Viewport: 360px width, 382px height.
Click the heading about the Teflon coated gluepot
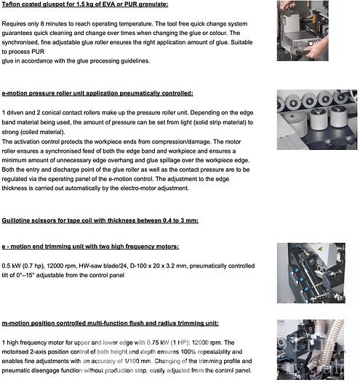[85, 4]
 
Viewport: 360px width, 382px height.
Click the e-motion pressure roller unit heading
[97, 93]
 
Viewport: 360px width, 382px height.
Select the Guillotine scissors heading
[100, 220]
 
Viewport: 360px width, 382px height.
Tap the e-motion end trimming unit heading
[90, 247]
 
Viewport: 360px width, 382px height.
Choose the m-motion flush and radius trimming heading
[110, 323]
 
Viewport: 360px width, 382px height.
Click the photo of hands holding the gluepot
[303, 31]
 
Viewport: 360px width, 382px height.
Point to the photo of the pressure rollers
[317, 119]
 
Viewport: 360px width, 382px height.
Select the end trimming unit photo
[311, 273]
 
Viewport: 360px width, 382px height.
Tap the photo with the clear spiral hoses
[311, 349]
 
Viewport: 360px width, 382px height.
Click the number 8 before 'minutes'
[42, 24]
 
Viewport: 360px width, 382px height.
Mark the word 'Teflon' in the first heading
[11, 4]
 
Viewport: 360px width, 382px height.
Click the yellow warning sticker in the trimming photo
[320, 249]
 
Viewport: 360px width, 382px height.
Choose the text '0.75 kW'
[158, 343]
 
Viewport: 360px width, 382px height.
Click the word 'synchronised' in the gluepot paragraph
[20, 42]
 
